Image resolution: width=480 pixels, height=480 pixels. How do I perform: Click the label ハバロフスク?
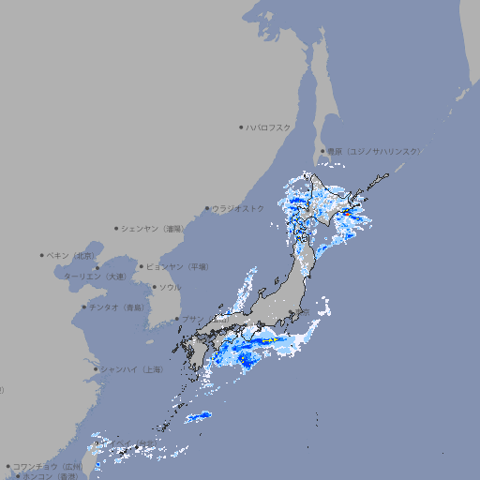[269, 127]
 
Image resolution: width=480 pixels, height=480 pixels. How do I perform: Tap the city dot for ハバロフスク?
[241, 127]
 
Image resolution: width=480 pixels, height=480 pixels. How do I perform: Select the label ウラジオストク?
[237, 208]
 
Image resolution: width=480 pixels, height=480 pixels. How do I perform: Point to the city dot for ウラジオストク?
[207, 208]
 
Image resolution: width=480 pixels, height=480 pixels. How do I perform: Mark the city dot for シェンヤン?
[117, 228]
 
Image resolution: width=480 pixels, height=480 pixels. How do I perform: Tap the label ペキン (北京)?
[71, 255]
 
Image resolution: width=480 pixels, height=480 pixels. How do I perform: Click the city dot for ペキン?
[42, 255]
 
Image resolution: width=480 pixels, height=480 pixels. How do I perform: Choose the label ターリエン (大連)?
[94, 277]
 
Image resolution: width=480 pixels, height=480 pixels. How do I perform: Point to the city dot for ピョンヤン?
[142, 266]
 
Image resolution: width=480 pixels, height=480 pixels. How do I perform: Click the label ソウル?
[170, 287]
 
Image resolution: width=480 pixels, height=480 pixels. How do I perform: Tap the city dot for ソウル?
[154, 287]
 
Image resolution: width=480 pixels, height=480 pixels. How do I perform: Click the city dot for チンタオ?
[84, 307]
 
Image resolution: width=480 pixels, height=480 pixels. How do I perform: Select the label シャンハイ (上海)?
[131, 369]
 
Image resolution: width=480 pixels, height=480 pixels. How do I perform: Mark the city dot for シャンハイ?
[96, 369]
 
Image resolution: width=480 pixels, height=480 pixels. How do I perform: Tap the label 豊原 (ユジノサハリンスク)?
[373, 151]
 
